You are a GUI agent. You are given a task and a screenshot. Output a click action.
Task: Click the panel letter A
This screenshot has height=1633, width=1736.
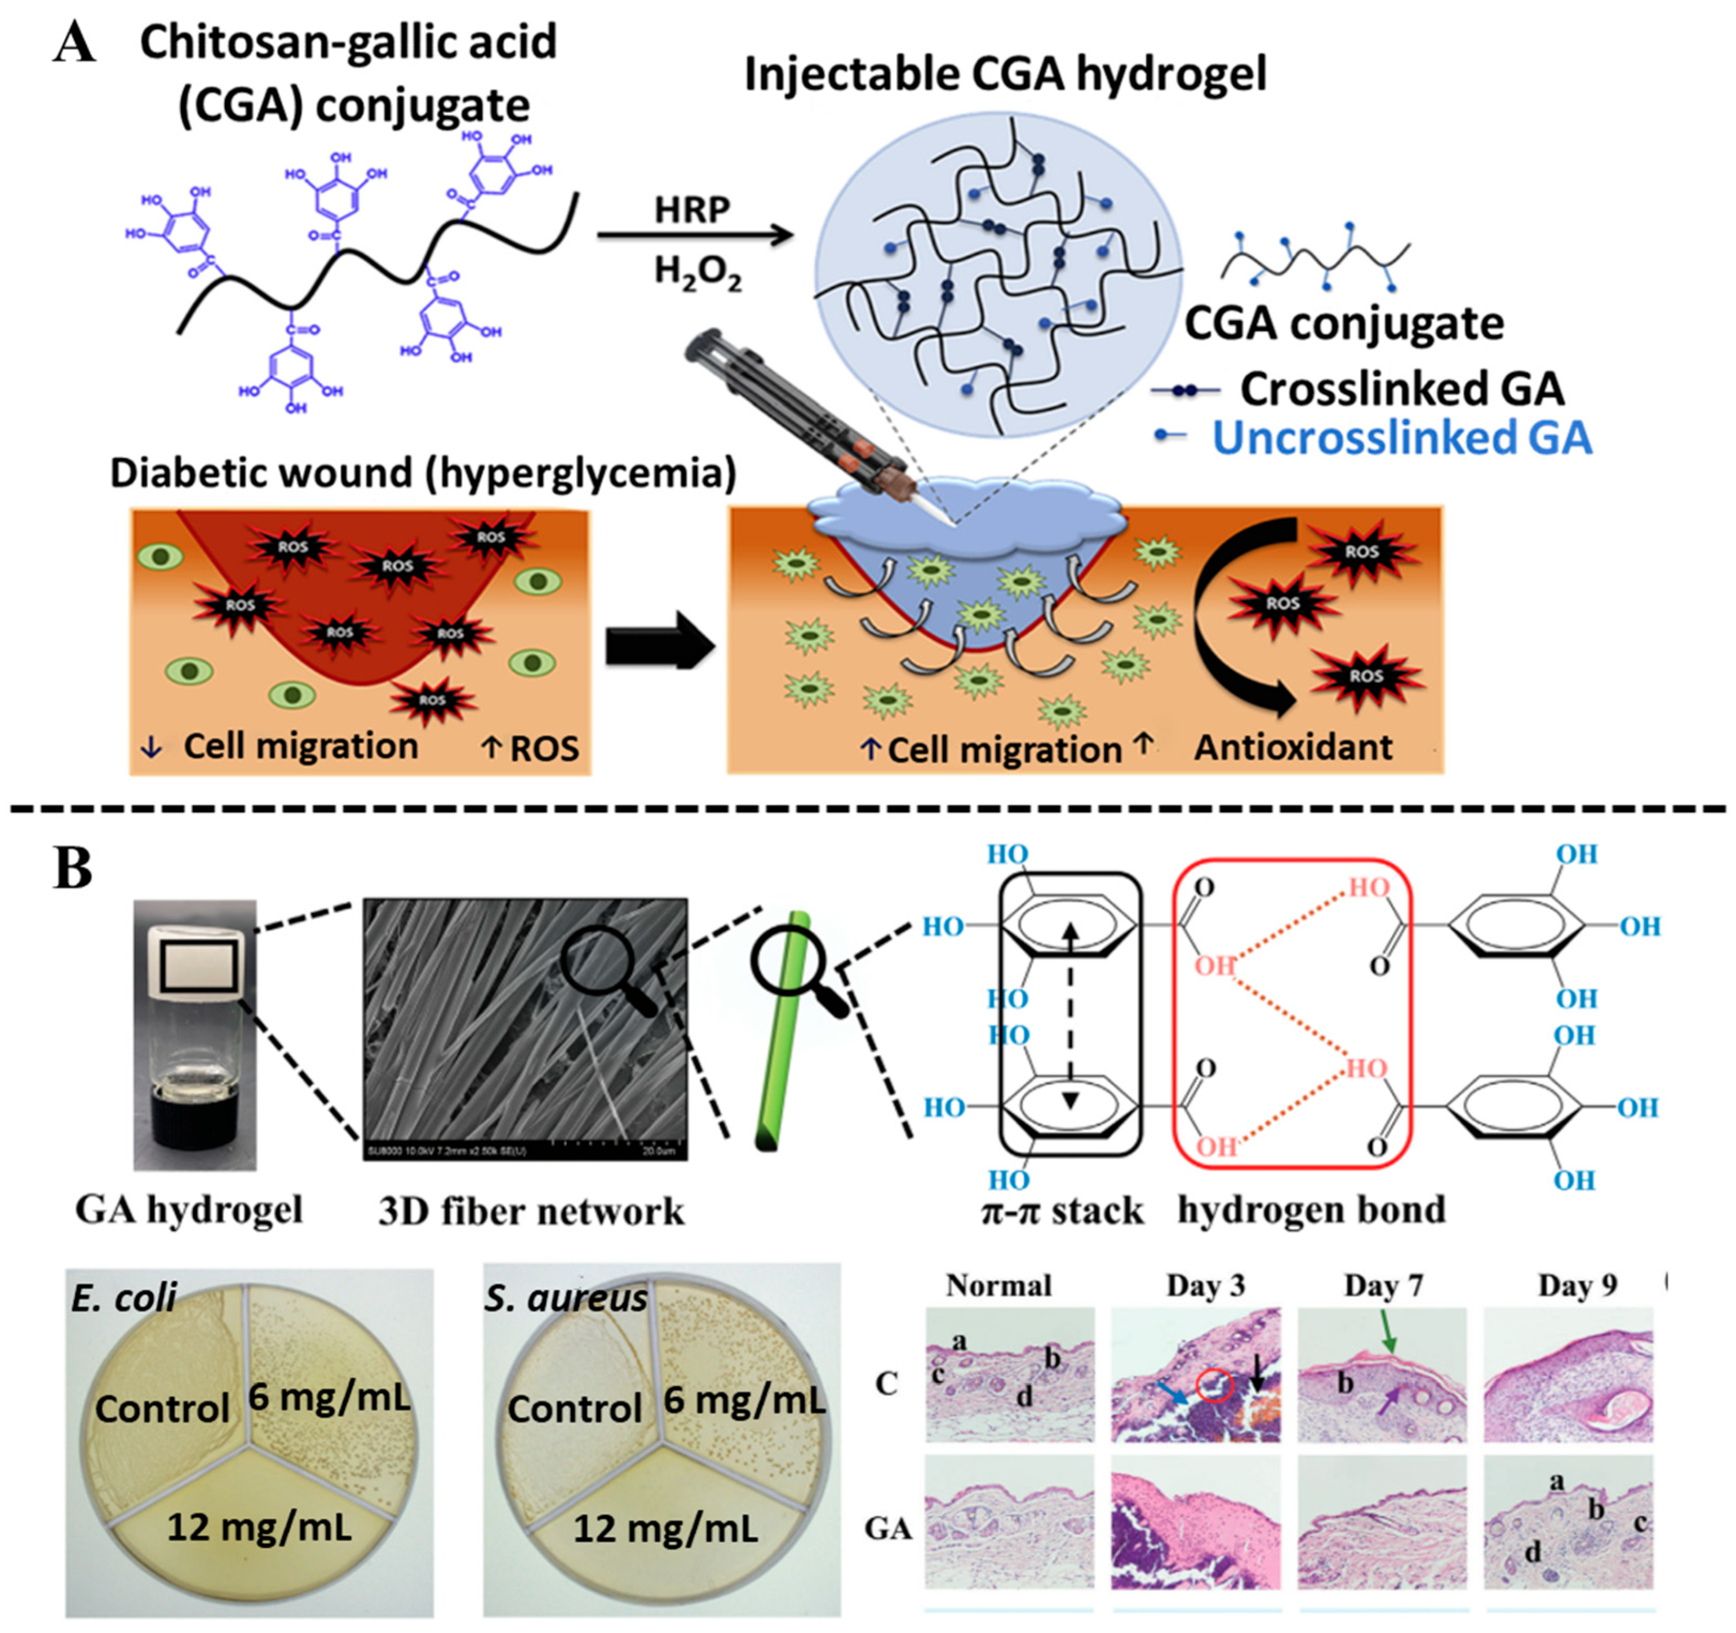[x=74, y=43]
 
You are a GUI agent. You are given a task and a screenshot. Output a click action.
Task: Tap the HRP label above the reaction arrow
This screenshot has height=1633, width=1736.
[x=691, y=210]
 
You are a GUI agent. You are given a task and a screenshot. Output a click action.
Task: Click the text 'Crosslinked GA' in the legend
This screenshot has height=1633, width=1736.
[x=1401, y=389]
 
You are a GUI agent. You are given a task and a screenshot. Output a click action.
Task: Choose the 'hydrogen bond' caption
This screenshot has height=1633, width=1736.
[x=1312, y=1210]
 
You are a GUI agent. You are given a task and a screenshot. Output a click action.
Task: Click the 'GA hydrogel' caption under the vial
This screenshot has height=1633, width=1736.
[x=189, y=1210]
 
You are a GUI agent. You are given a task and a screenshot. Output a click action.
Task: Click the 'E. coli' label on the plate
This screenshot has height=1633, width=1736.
[x=123, y=1298]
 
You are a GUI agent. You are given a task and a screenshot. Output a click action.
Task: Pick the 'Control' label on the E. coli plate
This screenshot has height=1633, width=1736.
[x=162, y=1409]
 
